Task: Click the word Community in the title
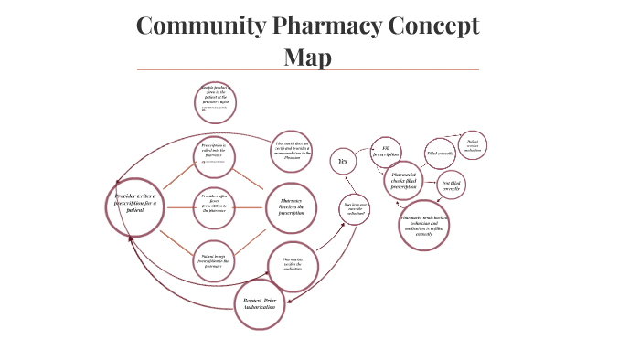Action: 199,26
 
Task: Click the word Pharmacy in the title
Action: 330,26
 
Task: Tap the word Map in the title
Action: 307,57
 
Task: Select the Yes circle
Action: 343,161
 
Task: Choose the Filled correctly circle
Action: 441,153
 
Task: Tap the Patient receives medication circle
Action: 473,145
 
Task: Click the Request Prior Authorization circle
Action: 260,303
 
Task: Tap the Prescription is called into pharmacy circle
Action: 219,153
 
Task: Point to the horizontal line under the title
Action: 307,69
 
